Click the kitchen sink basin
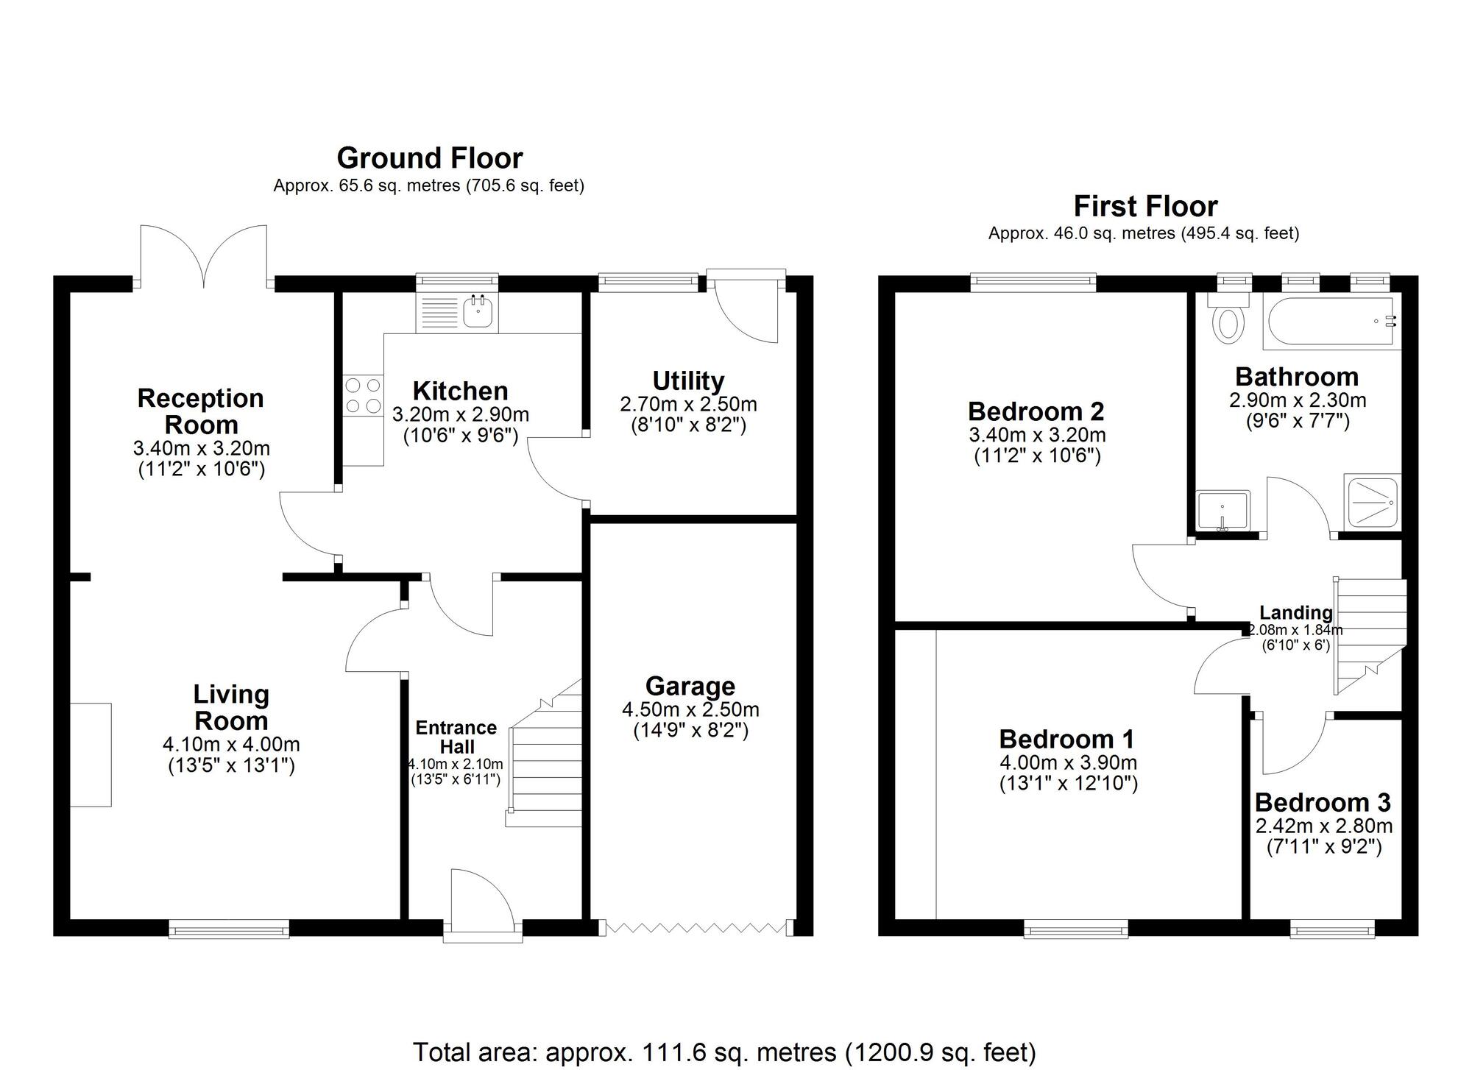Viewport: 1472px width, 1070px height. click(x=478, y=312)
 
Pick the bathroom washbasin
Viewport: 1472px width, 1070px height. click(x=1222, y=510)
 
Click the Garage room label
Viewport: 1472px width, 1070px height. click(x=690, y=686)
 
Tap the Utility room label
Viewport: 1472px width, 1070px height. click(x=689, y=380)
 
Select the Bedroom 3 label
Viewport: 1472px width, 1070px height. click(x=1323, y=802)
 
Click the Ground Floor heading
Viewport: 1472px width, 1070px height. click(x=430, y=158)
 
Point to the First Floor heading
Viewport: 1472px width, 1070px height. click(x=1145, y=206)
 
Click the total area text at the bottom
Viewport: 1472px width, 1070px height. click(x=724, y=1052)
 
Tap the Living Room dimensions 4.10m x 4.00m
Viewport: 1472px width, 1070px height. click(x=231, y=745)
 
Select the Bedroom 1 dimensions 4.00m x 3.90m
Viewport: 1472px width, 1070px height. click(x=1069, y=762)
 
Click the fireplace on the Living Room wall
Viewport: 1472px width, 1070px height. click(x=91, y=754)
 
